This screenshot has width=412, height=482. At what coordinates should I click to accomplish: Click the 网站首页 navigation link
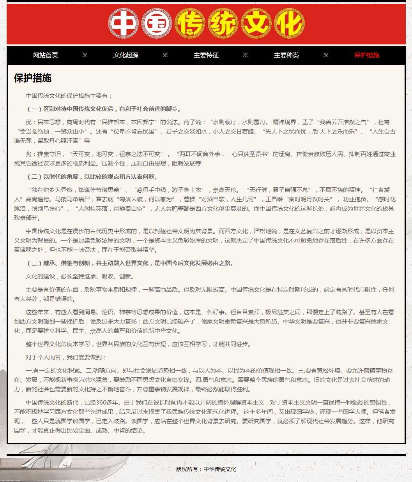[46, 55]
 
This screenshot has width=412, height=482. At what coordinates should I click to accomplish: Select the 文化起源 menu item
[126, 55]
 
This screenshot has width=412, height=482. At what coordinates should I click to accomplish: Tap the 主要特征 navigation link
[206, 55]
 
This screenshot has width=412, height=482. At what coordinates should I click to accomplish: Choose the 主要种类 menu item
[286, 55]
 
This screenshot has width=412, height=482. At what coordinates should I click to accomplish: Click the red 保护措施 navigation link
[367, 55]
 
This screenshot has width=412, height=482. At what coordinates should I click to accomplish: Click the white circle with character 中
[124, 23]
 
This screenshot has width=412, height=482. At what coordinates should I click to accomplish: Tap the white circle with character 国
[157, 23]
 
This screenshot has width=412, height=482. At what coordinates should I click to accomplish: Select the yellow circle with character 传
[190, 23]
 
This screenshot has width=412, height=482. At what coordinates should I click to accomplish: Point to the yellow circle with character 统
[223, 23]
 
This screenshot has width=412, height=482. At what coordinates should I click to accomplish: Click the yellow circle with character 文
[256, 23]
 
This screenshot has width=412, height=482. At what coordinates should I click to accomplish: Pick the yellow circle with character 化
[289, 23]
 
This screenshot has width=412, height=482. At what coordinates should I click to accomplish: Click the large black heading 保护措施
[33, 78]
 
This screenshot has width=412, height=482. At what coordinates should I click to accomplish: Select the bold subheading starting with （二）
[92, 177]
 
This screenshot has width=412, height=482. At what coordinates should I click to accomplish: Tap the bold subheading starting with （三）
[131, 263]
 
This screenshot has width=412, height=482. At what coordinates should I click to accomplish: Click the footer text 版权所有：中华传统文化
[206, 469]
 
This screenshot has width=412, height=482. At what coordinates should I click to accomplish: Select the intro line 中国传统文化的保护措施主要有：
[69, 96]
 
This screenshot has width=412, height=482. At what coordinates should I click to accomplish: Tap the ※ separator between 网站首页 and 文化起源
[85, 55]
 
